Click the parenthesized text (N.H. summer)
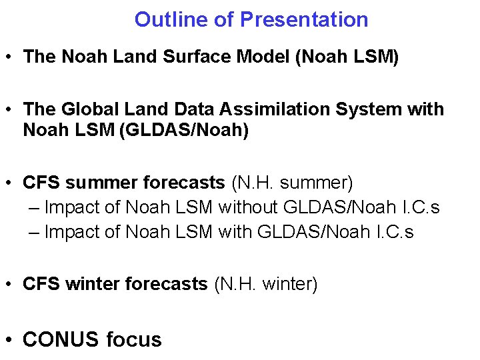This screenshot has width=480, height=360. (x=292, y=183)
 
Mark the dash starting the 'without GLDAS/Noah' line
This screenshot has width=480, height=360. (x=35, y=208)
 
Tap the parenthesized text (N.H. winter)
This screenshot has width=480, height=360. (x=265, y=285)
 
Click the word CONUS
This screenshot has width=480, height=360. (x=61, y=339)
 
